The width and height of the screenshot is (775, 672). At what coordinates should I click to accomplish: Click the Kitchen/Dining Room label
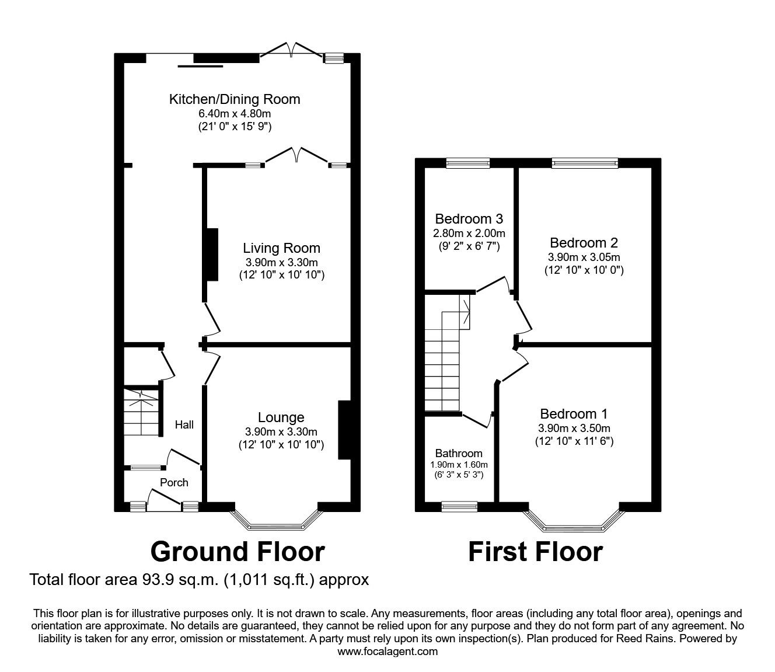tap(234, 99)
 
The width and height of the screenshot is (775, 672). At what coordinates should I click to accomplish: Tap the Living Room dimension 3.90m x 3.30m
tap(281, 262)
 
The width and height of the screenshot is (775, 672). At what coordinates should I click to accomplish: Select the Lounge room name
tap(281, 417)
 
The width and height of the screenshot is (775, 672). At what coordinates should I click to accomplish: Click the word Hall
tap(184, 425)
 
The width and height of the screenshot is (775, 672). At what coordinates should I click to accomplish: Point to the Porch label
tap(174, 482)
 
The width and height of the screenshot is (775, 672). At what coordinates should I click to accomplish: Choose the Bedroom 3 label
tap(469, 219)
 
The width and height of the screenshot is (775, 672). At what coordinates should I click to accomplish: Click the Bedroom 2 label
tap(584, 242)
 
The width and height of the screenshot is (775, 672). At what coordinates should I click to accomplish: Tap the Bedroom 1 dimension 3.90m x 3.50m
tap(574, 428)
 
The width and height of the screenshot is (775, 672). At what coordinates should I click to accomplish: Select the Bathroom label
tap(459, 454)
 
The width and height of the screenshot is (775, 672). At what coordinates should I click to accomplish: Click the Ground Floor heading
tap(238, 552)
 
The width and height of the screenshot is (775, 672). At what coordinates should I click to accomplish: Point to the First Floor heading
tap(535, 552)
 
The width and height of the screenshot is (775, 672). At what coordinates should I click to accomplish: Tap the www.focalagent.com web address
tap(387, 651)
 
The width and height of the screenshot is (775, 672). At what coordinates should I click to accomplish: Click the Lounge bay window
tap(277, 523)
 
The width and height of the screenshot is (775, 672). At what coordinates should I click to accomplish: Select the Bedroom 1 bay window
tap(575, 523)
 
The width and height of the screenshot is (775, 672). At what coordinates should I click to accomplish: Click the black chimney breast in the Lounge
tap(344, 430)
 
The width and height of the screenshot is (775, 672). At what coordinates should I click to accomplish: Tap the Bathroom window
tap(459, 506)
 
